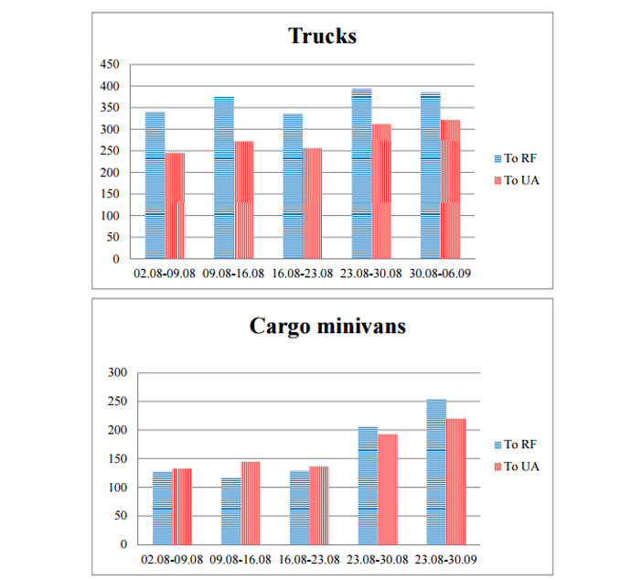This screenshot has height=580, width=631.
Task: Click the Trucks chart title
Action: pyautogui.click(x=322, y=36)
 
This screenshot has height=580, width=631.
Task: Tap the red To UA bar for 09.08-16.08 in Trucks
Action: pyautogui.click(x=243, y=200)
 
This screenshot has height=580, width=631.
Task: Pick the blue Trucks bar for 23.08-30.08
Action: pyautogui.click(x=361, y=174)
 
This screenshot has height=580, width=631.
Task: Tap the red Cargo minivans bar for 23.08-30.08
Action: pyautogui.click(x=388, y=489)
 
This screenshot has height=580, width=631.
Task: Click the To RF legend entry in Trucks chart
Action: pyautogui.click(x=518, y=158)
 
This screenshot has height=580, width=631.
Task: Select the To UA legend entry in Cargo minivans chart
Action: pyautogui.click(x=519, y=467)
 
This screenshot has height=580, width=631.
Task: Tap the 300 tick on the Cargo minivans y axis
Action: pyautogui.click(x=116, y=372)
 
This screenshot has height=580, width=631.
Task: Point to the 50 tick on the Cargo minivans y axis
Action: pyautogui.click(x=119, y=516)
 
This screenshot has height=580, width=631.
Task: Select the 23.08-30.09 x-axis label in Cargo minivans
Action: pyautogui.click(x=445, y=558)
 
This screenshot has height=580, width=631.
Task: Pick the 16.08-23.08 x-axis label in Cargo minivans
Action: pyautogui.click(x=310, y=558)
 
